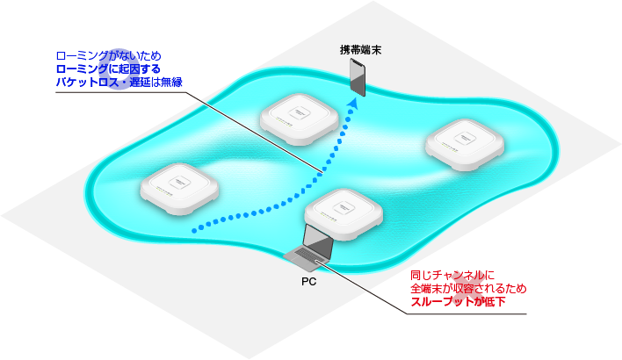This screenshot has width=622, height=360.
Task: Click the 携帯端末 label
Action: pos(362,49)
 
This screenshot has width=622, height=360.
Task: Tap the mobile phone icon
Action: pos(358,76)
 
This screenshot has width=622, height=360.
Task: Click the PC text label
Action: pos(308,283)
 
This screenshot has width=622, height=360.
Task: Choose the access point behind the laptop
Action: pos(344,211)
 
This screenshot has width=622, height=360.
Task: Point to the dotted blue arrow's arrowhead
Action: pos(352,102)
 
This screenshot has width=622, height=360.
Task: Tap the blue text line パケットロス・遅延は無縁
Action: pos(119,83)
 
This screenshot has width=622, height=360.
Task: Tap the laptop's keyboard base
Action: pos(308,258)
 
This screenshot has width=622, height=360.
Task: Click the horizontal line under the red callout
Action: pos(457,313)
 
